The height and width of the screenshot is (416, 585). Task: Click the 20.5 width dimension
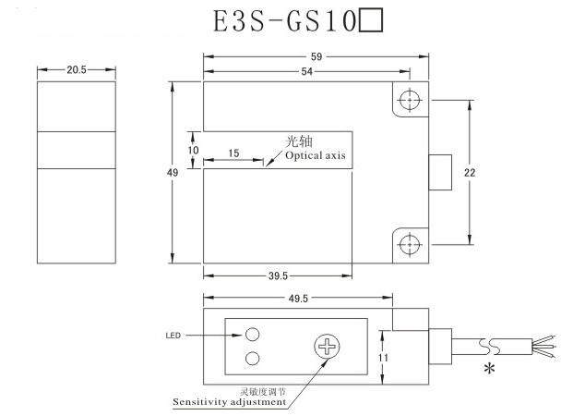pos(77,70)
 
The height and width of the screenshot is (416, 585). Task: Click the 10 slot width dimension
pos(194,150)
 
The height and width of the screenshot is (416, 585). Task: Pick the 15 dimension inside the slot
pos(233,152)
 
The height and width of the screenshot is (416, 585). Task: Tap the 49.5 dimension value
pos(297,298)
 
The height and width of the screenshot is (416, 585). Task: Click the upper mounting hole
pos(410,100)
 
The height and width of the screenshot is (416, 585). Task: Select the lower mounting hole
pos(410,244)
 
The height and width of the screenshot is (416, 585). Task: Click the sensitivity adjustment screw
pos(328,347)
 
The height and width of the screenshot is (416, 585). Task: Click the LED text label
pos(173,335)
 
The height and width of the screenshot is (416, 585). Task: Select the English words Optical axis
pos(315,156)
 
